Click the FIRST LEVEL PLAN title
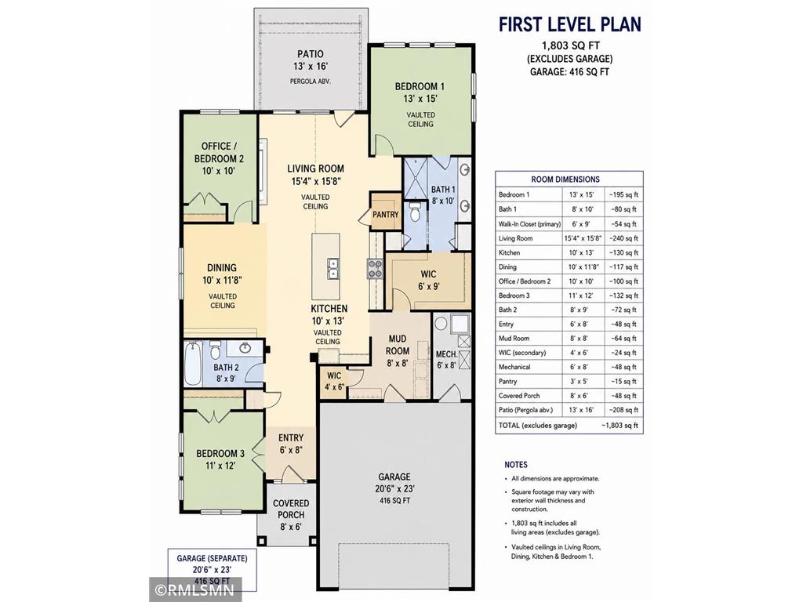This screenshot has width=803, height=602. pos(570,24)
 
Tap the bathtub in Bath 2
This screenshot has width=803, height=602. pos(193,364)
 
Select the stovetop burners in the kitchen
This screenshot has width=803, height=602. pos(374,269)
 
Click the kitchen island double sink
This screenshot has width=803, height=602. pos(332,268)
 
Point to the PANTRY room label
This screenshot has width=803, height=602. pos(385,215)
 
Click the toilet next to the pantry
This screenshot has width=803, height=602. pos(414,212)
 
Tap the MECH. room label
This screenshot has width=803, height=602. pos(446,354)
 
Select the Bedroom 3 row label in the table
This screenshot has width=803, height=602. pos(514,296)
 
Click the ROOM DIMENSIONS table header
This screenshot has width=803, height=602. pos(565,180)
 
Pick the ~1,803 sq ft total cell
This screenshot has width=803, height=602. pos(620,426)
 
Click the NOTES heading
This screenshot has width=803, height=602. pos(516,465)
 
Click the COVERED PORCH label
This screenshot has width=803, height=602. pos(291,510)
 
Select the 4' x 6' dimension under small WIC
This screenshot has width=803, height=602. pos(334,387)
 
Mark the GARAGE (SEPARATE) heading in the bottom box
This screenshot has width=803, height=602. pos(212,558)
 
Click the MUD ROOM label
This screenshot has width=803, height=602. pos(398,345)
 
